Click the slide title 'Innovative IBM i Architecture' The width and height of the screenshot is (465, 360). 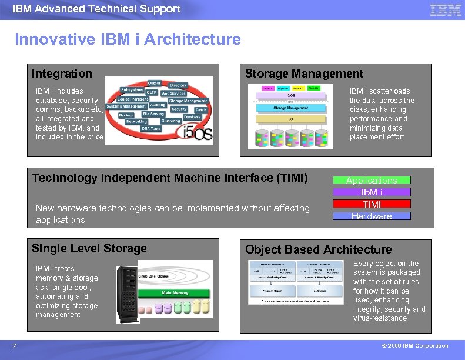point(128,39)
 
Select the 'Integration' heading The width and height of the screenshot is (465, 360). point(62,74)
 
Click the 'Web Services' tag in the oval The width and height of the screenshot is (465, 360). point(173,93)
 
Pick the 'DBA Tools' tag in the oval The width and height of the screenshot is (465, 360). point(151,128)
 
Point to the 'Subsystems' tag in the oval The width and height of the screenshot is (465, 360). point(132,90)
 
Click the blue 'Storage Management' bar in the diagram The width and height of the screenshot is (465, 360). point(290,108)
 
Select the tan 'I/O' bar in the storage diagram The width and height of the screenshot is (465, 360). point(290,119)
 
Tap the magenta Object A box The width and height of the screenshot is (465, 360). point(267,88)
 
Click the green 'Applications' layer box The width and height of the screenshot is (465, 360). point(372,180)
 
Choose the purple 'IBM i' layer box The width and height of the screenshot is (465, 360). point(372,192)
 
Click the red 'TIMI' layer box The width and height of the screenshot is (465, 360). point(372,204)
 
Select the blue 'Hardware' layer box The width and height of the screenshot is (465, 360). point(372,216)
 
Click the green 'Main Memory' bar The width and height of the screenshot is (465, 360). point(175,292)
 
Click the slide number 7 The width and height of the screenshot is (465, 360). point(14,346)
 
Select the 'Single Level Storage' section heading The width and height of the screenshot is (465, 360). point(89,248)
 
